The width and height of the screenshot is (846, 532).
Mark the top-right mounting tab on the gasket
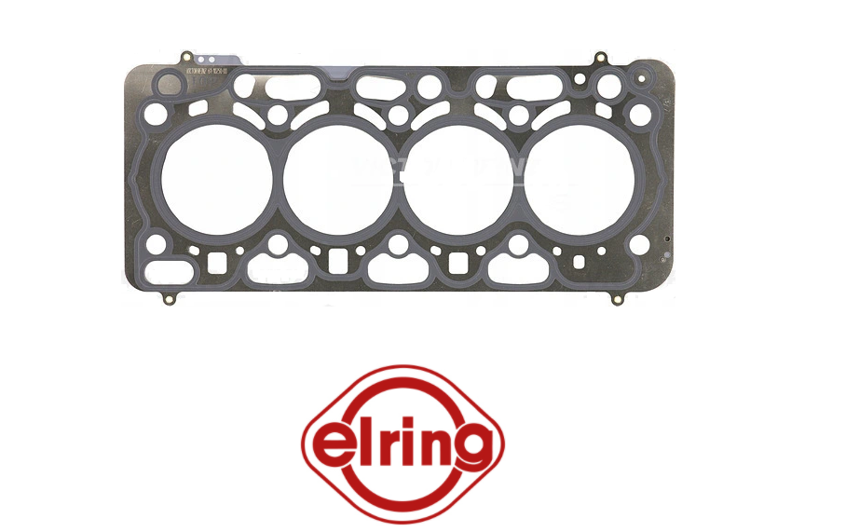tap(597, 59)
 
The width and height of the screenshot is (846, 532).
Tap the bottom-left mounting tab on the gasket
tap(169, 300)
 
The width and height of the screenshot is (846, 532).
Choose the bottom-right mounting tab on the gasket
tap(617, 300)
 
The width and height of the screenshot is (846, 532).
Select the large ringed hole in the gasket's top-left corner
tap(169, 87)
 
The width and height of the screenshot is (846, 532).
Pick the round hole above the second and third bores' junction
tap(398, 116)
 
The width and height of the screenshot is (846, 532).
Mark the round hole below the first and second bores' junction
tap(278, 246)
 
